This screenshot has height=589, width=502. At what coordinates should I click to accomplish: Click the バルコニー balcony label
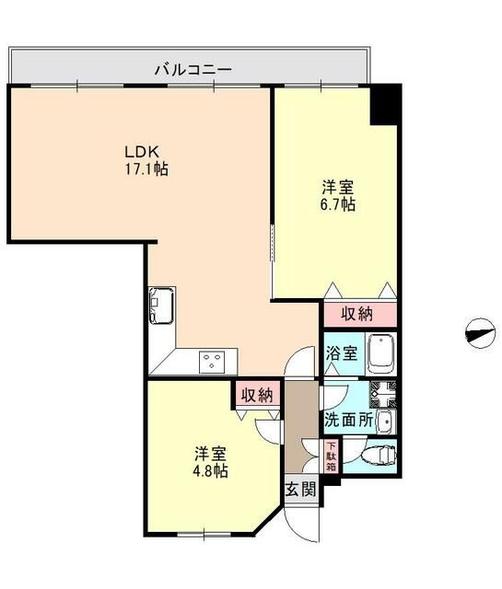[192, 68]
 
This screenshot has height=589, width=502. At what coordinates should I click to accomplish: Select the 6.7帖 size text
[335, 204]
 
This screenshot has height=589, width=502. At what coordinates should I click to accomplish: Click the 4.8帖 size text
[211, 470]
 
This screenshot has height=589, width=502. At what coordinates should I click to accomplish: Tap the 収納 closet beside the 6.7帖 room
[357, 313]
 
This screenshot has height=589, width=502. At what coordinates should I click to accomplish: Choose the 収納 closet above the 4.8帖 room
[256, 395]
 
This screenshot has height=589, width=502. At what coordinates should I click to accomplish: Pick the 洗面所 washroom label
[348, 419]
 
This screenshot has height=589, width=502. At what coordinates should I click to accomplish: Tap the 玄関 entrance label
[299, 489]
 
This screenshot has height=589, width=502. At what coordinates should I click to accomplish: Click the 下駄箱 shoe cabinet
[331, 456]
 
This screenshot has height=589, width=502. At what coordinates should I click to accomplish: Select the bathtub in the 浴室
[380, 352]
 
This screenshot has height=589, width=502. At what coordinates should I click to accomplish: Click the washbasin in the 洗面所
[385, 422]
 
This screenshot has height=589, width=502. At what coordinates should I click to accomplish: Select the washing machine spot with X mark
[382, 395]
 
